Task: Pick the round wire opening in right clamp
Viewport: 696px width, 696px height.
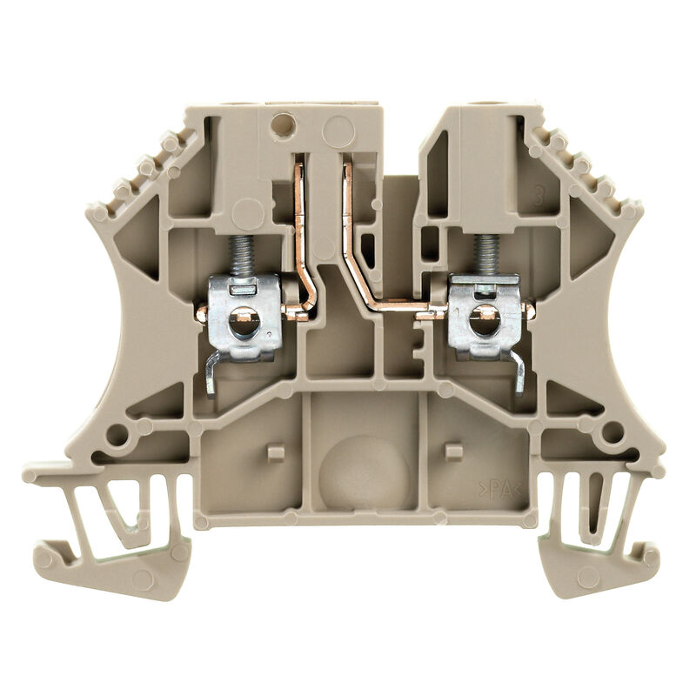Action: (x=479, y=323)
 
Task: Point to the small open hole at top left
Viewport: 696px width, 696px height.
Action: (x=281, y=127)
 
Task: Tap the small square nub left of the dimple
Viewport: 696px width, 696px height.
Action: (x=275, y=452)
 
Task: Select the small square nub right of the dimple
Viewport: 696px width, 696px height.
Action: (x=452, y=451)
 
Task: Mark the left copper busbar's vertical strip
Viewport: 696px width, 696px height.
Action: (x=301, y=217)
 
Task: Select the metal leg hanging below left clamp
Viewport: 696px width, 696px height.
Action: (x=211, y=374)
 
